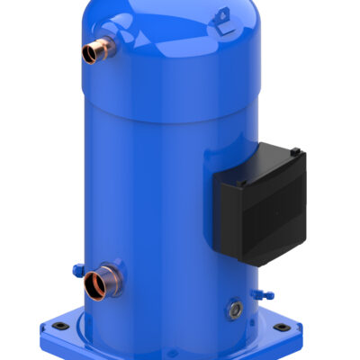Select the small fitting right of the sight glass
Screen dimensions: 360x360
click(261, 294)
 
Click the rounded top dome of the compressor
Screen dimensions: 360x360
click(162, 27)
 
